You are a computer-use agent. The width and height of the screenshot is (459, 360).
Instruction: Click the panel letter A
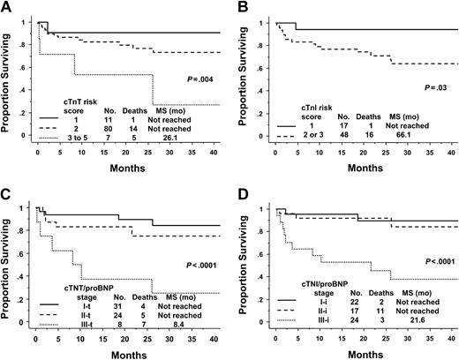7,8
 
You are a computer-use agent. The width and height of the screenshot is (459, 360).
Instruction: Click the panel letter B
243,8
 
